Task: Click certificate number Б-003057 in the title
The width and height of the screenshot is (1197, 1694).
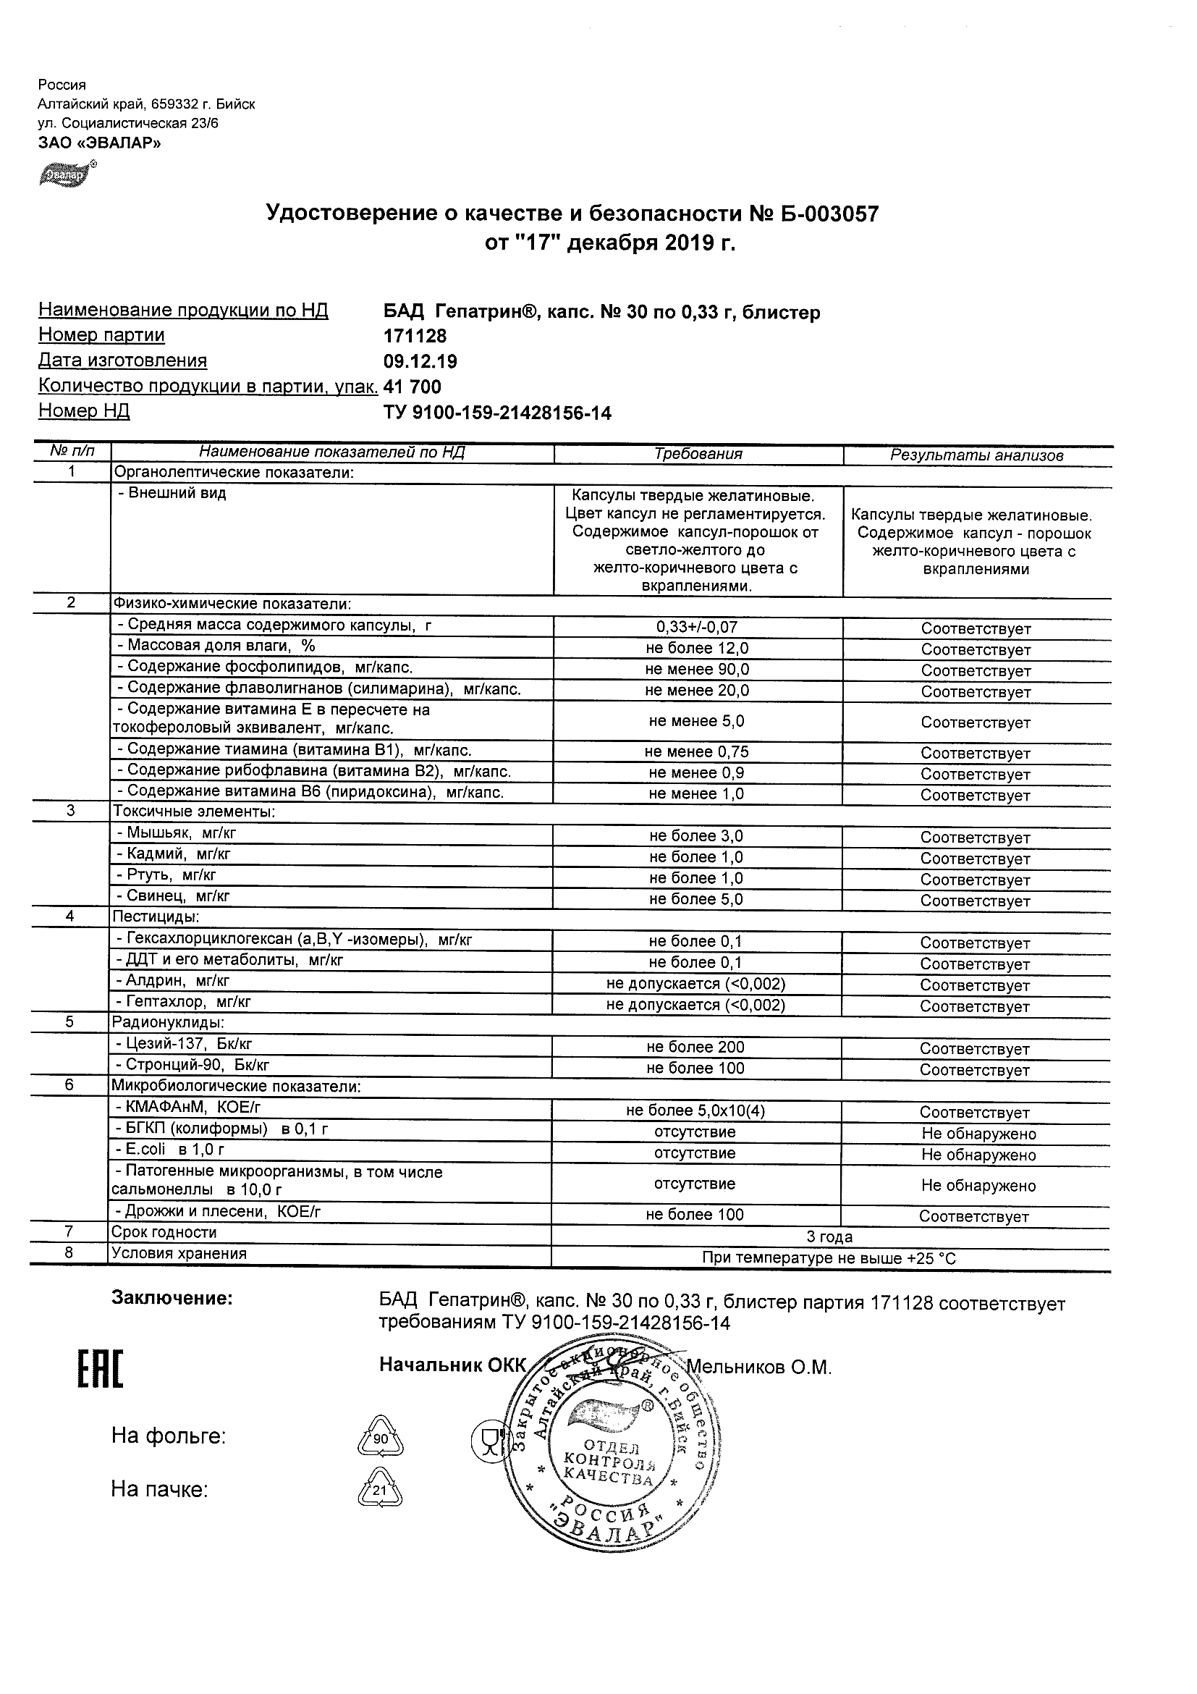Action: [x=824, y=214]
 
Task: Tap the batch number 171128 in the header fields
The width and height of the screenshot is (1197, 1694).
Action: [x=415, y=337]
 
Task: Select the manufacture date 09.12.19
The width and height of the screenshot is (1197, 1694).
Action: [x=420, y=361]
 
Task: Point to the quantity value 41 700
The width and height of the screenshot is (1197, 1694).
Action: [x=413, y=387]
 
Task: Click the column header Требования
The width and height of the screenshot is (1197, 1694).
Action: [x=698, y=455]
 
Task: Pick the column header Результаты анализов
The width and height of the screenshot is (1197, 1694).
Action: [x=976, y=455]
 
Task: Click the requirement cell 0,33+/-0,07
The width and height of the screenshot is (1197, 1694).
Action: [x=696, y=628]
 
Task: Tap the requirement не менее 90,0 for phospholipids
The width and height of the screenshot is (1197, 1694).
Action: [x=696, y=670]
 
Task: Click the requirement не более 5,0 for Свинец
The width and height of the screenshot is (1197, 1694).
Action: [x=695, y=899]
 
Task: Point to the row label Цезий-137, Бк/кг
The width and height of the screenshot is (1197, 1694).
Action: [x=189, y=1044]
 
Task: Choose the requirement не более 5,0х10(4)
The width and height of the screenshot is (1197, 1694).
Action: [x=695, y=1111]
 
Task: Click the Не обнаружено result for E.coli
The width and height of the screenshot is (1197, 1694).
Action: [x=978, y=1155]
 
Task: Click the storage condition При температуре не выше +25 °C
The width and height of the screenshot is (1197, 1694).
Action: [x=829, y=1259]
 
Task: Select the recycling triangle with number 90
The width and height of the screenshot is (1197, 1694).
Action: [x=381, y=1439]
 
